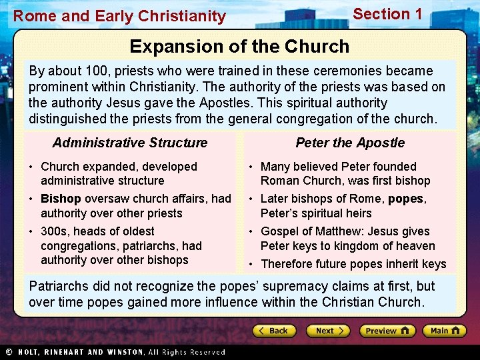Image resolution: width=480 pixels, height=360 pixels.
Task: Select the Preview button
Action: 387,331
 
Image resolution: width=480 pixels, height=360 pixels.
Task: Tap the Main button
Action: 445,331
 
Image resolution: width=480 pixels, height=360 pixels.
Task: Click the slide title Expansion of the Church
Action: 239,46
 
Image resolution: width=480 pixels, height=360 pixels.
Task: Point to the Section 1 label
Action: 387,14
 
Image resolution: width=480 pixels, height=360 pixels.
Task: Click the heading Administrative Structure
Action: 130,143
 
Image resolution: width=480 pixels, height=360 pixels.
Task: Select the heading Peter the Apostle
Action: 350,143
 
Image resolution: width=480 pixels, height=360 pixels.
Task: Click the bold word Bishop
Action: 61,199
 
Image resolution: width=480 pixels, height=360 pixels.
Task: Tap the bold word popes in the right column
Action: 406,199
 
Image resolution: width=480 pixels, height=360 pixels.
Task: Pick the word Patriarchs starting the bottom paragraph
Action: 59,287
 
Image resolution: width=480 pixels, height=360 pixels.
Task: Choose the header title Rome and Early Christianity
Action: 120,16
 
